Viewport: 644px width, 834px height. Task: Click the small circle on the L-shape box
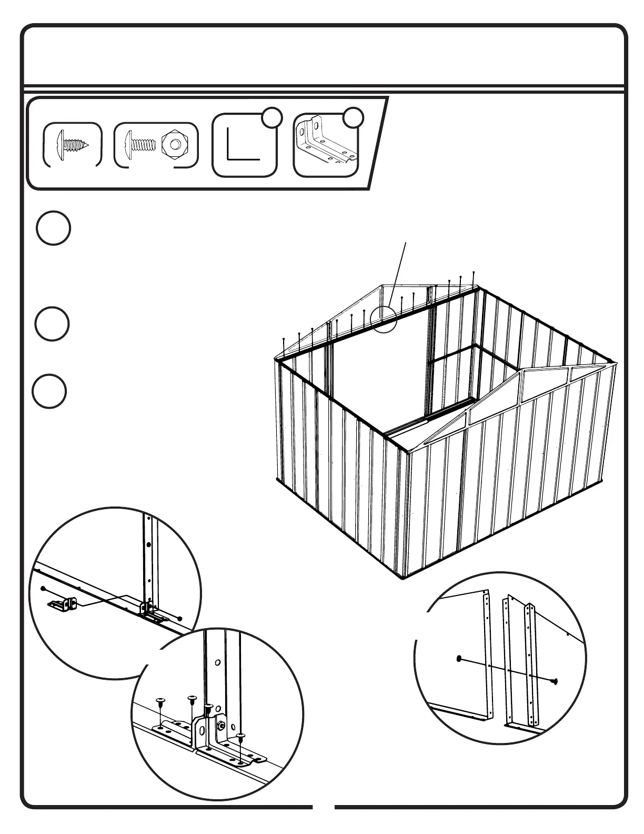click(271, 118)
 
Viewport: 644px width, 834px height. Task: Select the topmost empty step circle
click(53, 228)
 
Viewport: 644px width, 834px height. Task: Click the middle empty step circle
click(53, 324)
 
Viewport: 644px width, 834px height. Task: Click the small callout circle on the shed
click(383, 319)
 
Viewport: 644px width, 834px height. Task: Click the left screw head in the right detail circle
click(459, 658)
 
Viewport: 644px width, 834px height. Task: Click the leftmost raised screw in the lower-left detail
click(160, 701)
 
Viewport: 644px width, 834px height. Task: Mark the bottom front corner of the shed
click(404, 578)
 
